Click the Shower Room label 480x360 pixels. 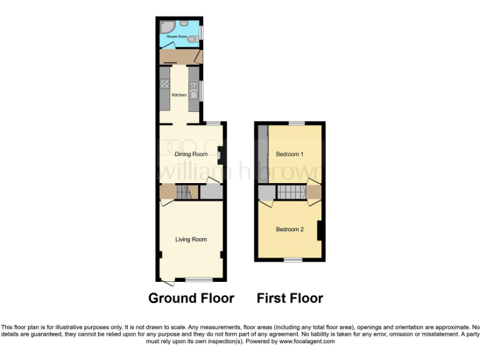click(x=176, y=37)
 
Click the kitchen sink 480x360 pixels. click(x=194, y=92)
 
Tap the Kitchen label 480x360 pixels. click(x=179, y=95)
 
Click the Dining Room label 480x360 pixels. click(x=191, y=154)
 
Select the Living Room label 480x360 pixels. click(x=191, y=239)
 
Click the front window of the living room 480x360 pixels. click(x=199, y=279)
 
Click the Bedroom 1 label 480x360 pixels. click(x=289, y=154)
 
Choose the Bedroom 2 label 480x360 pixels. click(x=289, y=229)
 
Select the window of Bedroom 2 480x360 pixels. click(x=293, y=259)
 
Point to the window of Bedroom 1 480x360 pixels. click(x=296, y=122)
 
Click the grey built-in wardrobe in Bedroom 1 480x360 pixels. click(x=263, y=154)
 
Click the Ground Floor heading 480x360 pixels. click(x=191, y=298)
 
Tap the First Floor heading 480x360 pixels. click(x=290, y=298)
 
